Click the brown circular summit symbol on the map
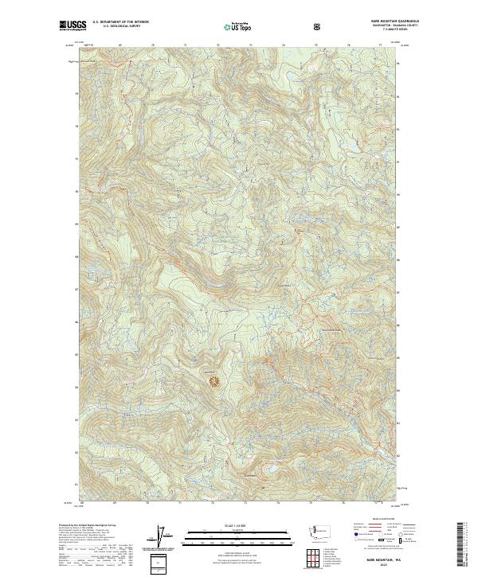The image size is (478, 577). pyautogui.click(x=214, y=381)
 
